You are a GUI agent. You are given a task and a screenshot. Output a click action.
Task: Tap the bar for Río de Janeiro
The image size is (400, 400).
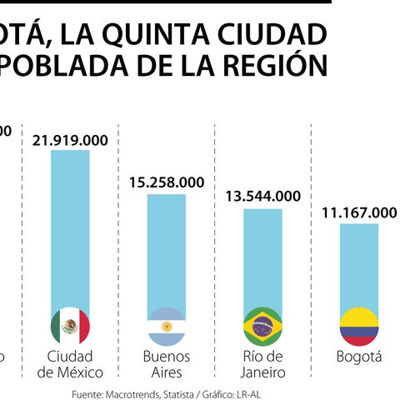(x=262, y=258)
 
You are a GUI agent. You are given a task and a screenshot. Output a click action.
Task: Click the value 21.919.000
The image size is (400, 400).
(x=70, y=141)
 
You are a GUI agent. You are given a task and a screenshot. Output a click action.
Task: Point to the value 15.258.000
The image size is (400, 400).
(x=166, y=182)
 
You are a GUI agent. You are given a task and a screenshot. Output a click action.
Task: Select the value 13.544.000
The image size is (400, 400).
(x=262, y=197)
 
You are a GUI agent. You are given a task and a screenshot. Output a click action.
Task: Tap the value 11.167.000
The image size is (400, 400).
(x=359, y=212)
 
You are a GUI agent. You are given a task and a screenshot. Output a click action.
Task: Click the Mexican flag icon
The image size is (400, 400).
(x=70, y=326)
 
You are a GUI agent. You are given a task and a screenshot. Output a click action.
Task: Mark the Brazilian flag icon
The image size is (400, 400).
(x=262, y=326)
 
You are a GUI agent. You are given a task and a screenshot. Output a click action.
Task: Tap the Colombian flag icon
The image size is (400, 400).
(x=358, y=326)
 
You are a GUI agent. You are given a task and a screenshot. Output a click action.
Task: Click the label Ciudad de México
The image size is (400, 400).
(x=70, y=364)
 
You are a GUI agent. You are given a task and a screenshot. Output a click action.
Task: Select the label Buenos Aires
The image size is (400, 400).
(x=166, y=364)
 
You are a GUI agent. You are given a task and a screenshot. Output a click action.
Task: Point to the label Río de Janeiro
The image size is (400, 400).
(x=262, y=364)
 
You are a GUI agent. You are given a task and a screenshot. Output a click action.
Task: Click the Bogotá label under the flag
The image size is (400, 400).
(x=358, y=357)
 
